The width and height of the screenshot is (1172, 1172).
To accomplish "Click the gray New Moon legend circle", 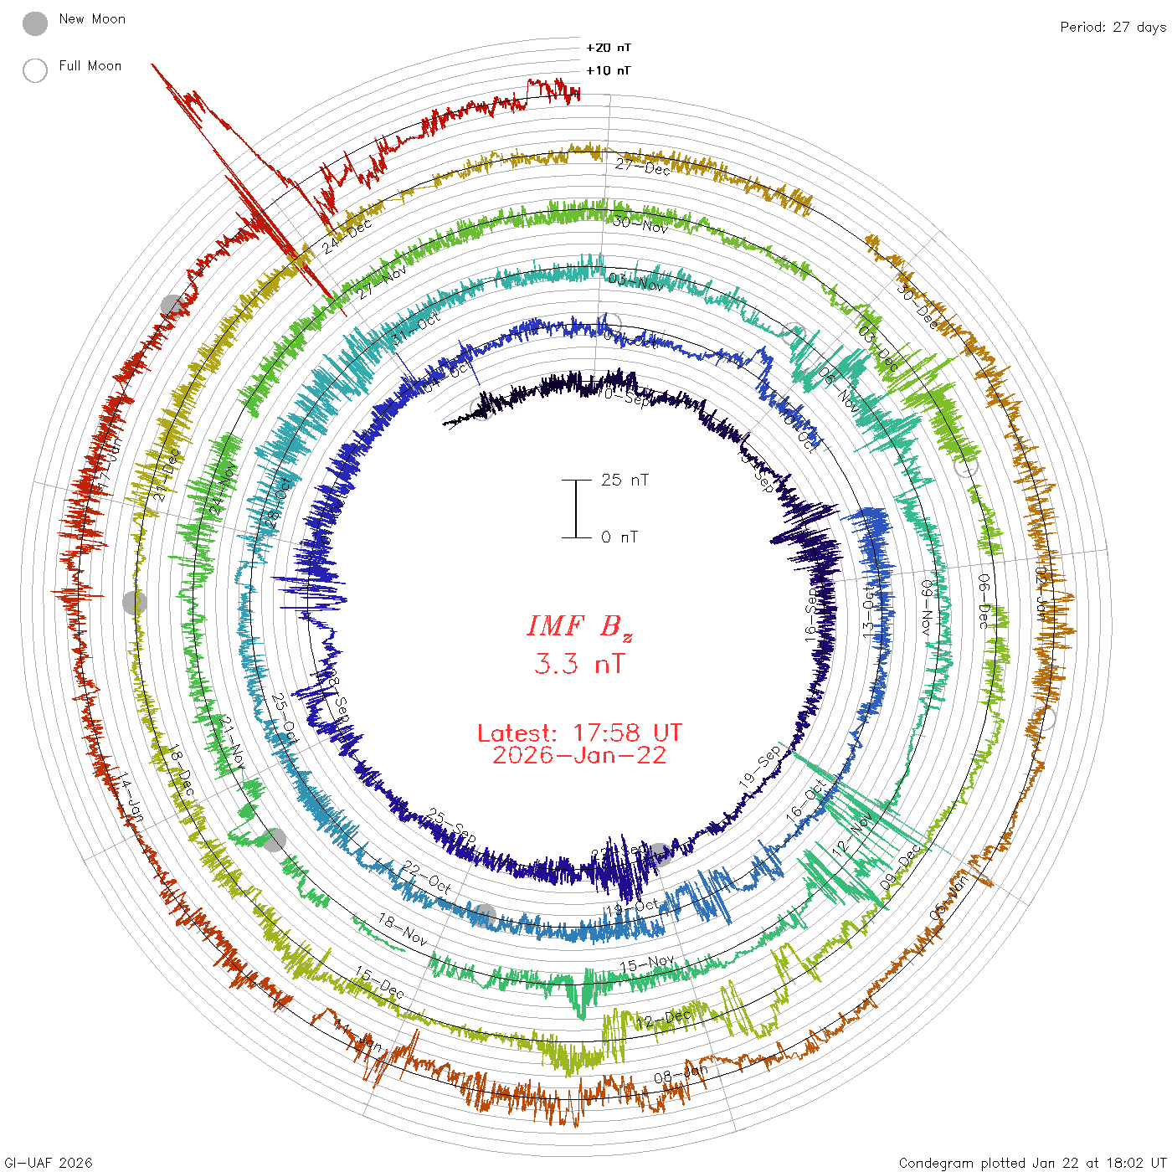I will point(35,23).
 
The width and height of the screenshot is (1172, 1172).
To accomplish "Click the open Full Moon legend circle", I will point(35,70).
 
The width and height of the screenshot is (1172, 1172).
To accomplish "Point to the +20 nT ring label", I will point(609,48).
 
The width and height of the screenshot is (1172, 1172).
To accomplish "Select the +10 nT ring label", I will point(609,70).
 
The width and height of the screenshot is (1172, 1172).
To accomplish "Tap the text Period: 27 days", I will point(1113,27).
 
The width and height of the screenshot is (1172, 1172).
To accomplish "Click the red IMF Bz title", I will point(579,626).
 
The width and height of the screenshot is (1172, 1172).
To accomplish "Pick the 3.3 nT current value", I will point(579,665).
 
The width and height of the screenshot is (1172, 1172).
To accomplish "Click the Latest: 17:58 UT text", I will point(579,733).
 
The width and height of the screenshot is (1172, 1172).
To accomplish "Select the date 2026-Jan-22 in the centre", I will point(579,755).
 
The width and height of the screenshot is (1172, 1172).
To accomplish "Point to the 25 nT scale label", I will point(625,480).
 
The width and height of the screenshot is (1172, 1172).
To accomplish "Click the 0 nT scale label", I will point(619,537).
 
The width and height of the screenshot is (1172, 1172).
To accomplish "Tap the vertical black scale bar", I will point(576,508).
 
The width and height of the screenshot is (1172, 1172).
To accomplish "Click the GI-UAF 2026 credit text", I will point(47,1163).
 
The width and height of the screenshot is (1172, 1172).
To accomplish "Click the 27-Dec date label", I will point(643,167).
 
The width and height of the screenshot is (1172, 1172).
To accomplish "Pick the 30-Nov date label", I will point(640,224).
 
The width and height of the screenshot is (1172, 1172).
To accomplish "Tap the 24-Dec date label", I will point(347,237).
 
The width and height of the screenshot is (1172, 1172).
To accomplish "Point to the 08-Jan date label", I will point(681,1074).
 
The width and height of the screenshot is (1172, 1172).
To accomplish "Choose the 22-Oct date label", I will point(427,876).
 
